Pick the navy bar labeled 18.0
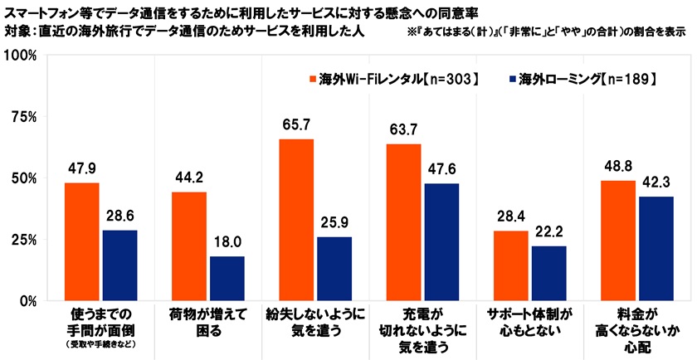(x=227, y=279)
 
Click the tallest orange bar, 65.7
(x=296, y=220)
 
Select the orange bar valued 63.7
(x=403, y=222)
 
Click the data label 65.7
(x=296, y=124)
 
